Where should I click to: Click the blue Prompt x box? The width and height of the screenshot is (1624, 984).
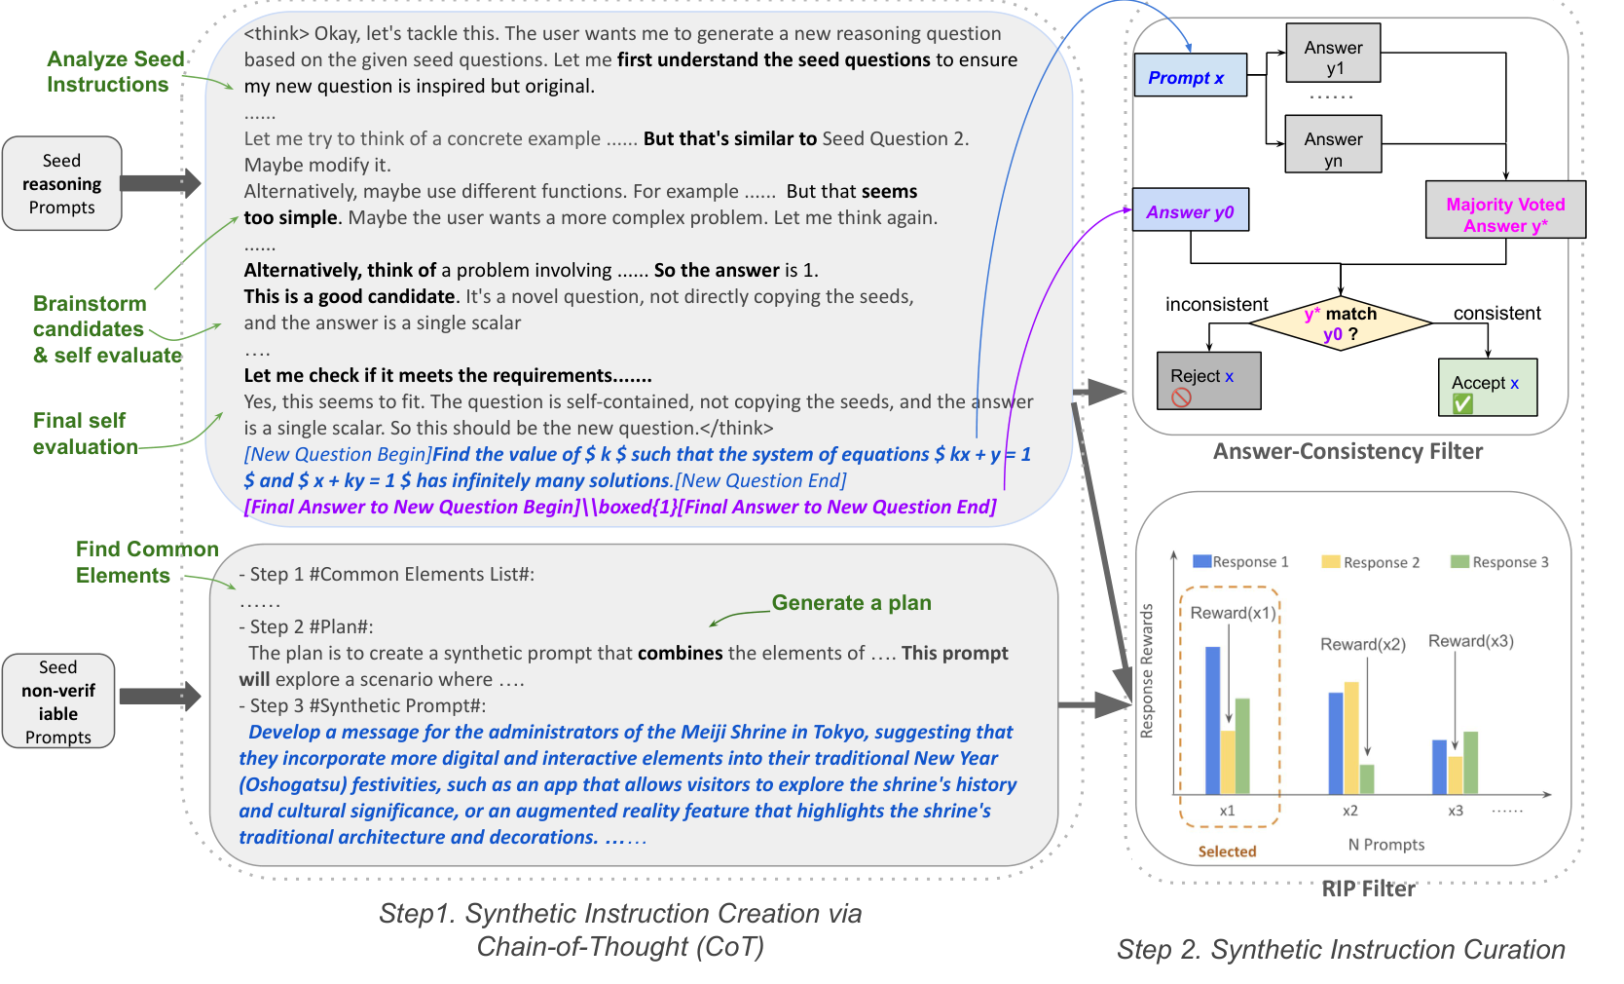(x=1190, y=76)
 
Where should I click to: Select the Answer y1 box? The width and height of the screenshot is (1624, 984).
(x=1333, y=57)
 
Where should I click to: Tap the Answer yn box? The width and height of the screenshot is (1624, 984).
(x=1333, y=145)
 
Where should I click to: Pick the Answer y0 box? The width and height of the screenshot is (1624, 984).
(x=1190, y=211)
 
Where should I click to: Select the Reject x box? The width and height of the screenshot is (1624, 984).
(x=1208, y=381)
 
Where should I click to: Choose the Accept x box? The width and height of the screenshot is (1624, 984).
(x=1487, y=388)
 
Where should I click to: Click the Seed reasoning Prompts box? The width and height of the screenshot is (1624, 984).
(x=62, y=184)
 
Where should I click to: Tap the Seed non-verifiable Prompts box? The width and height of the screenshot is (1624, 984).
(x=58, y=701)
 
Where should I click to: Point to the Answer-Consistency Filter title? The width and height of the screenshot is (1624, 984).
(x=1347, y=451)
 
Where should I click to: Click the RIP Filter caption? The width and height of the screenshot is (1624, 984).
(x=1368, y=889)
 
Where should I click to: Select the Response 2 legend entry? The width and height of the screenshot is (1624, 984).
(x=1371, y=562)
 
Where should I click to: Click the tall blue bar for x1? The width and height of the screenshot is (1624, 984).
(x=1212, y=721)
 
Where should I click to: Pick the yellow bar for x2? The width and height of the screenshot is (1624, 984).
(x=1351, y=738)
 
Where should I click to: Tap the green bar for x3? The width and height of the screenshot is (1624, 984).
(x=1470, y=763)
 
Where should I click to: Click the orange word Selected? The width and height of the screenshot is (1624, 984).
(x=1227, y=852)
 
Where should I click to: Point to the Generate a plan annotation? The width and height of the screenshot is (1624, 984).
(x=851, y=603)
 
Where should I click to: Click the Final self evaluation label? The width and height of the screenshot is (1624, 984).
(x=85, y=434)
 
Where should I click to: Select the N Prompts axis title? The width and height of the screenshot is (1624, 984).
(x=1385, y=845)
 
